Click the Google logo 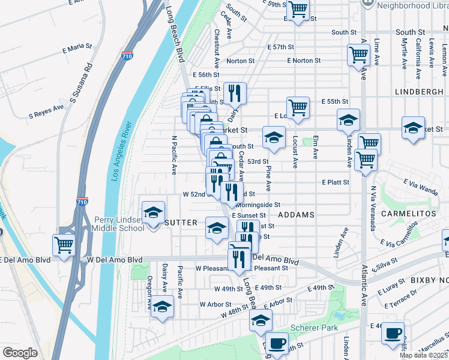[x=20, y=353]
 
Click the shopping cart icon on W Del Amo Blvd [x=64, y=245]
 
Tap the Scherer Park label [x=314, y=328]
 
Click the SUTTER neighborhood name [x=180, y=223]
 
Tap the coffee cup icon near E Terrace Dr [x=393, y=333]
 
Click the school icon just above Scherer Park [x=261, y=321]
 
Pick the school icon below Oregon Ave [x=161, y=307]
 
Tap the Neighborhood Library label [x=412, y=4]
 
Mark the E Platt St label [x=335, y=181]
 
